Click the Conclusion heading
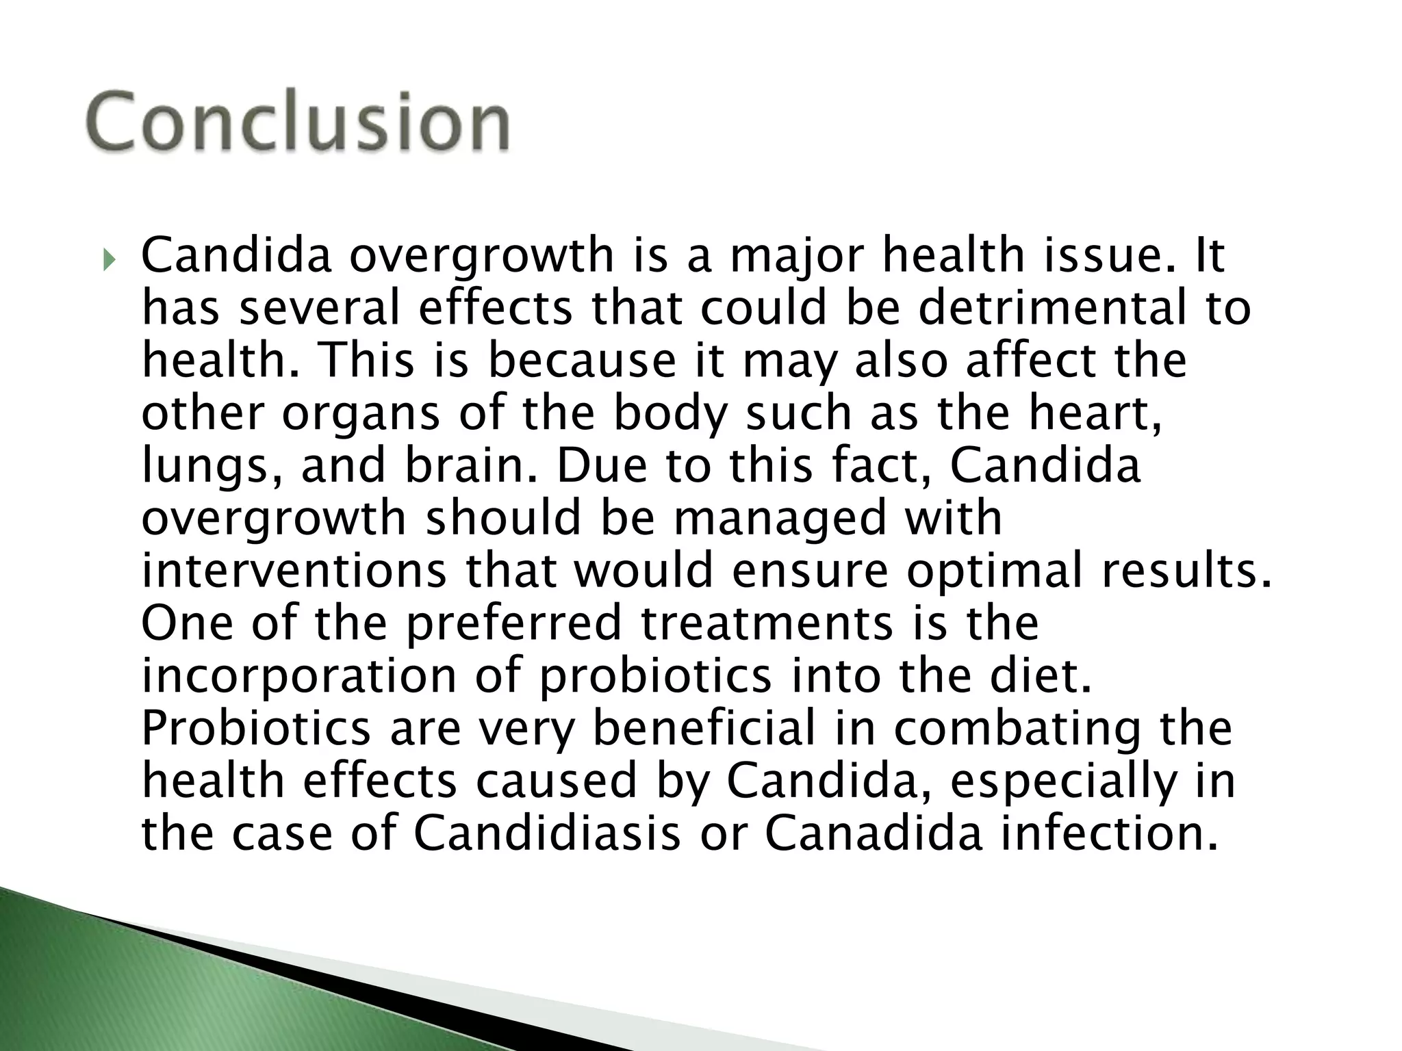298,122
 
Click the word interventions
294,571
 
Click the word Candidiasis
547,834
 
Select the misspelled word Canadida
874,834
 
